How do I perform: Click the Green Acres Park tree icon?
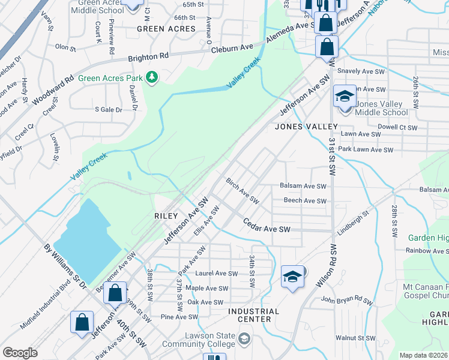152,77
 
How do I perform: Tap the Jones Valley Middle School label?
381,108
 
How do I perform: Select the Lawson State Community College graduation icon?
244,340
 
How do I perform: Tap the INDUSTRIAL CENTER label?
253,315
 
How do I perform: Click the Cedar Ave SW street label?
267,229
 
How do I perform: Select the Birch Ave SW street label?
242,190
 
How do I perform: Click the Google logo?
20,352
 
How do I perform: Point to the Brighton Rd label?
148,56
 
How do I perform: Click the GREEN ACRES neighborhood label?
166,29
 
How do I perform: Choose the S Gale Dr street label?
109,109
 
